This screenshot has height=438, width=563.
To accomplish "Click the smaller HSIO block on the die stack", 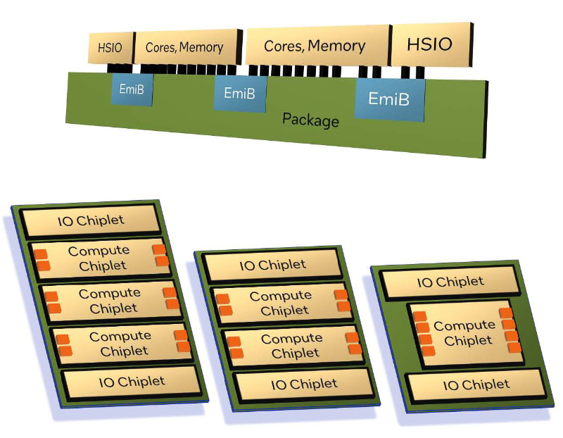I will coord(110,48).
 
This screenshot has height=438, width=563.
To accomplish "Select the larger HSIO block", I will coord(430,45).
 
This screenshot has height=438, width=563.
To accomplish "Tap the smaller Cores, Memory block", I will coord(184,48).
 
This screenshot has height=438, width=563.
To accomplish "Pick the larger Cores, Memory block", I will coord(315,46).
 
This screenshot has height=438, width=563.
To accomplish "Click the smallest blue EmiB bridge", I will coord(132,89).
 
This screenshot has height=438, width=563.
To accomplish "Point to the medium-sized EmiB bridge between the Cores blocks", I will coord(240,93).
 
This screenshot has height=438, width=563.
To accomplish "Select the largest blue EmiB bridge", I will coord(389,99).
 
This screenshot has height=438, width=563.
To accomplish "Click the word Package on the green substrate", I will coord(310,120).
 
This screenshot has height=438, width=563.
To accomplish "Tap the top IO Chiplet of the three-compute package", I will coord(91,221).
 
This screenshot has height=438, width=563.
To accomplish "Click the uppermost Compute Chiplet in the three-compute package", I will coord(99,258).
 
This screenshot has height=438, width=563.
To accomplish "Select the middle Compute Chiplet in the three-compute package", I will coord(110,301).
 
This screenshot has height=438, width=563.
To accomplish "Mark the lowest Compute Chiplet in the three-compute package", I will coord(120,344).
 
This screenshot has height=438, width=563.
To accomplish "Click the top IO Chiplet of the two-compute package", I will coord(272,265).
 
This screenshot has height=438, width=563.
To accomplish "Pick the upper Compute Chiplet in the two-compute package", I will coord(281,303).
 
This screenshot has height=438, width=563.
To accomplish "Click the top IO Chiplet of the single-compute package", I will coord(450,282).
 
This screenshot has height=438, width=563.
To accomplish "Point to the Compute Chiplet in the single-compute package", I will coord(465,333).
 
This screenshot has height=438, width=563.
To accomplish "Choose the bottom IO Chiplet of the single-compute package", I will coord(476,385).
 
